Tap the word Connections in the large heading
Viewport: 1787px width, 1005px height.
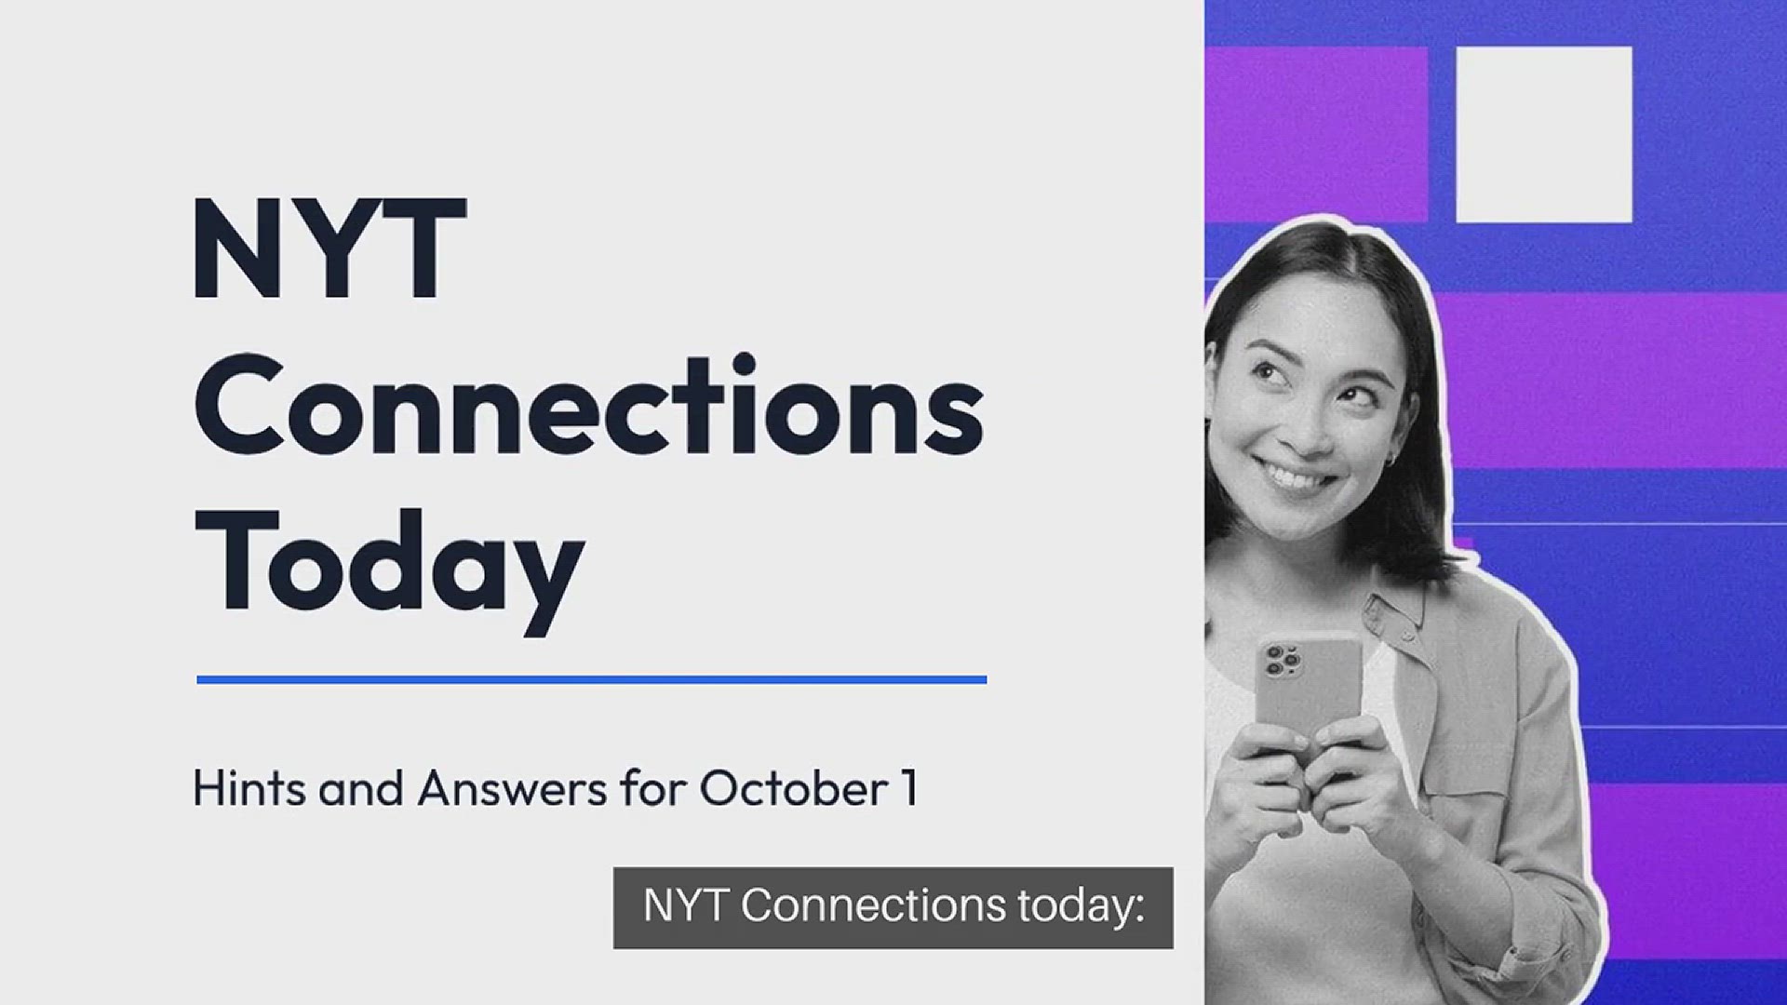[x=588, y=405]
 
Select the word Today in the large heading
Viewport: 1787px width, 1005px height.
[x=389, y=569]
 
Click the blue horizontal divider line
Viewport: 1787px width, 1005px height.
[x=592, y=680]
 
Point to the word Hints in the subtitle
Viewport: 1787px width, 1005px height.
[x=250, y=788]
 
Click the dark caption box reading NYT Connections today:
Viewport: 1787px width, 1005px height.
[x=893, y=908]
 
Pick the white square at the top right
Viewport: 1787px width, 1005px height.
[x=1544, y=135]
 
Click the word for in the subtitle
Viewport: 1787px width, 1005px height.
[x=653, y=788]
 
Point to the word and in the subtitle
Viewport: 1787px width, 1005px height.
[x=362, y=788]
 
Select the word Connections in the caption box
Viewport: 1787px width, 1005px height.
[x=873, y=905]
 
